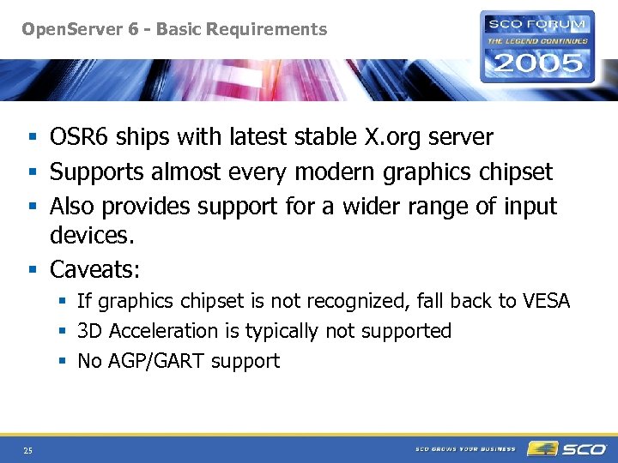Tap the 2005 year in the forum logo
pyautogui.click(x=537, y=63)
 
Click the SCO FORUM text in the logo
pyautogui.click(x=537, y=25)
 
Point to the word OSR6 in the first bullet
pyautogui.click(x=79, y=137)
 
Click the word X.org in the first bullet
pyautogui.click(x=397, y=137)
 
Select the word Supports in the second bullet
pyautogui.click(x=97, y=172)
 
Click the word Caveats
pyautogui.click(x=94, y=270)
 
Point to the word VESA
pyautogui.click(x=546, y=302)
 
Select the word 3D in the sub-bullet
pyautogui.click(x=90, y=331)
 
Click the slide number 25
pyautogui.click(x=28, y=450)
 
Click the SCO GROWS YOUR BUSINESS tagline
pyautogui.click(x=465, y=449)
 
